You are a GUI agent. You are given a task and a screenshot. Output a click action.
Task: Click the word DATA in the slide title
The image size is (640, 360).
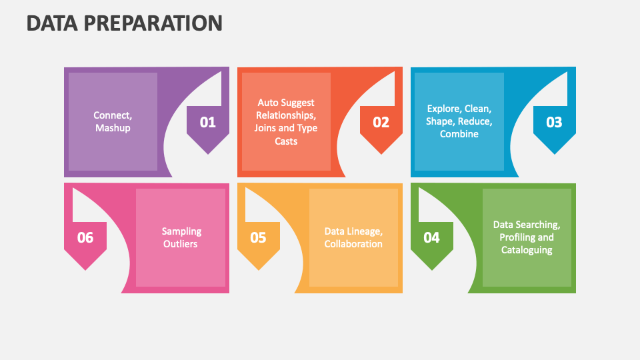click(x=52, y=23)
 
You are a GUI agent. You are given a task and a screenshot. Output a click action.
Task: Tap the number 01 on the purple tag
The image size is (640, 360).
click(x=208, y=122)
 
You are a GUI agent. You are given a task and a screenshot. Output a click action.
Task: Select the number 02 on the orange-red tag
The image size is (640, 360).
click(x=381, y=122)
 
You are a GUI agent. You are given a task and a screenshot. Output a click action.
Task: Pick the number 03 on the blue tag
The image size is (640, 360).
click(x=554, y=122)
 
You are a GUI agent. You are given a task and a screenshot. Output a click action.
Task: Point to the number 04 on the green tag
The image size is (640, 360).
click(x=431, y=237)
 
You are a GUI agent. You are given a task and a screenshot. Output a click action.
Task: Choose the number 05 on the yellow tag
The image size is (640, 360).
click(x=258, y=237)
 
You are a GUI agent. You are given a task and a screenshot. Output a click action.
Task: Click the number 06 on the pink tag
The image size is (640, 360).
click(x=85, y=237)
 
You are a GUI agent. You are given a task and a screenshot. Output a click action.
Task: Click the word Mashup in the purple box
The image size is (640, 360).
click(x=113, y=128)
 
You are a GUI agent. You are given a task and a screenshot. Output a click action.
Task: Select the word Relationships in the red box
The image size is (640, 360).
click(x=286, y=115)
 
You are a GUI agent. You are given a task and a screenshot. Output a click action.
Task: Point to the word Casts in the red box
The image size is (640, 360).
click(x=286, y=141)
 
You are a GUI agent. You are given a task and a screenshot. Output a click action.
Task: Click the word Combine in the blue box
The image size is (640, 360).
click(x=459, y=134)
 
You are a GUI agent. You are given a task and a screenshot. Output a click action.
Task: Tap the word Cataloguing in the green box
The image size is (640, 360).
click(x=527, y=250)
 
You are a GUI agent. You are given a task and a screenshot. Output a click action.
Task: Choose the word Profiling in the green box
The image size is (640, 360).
click(x=517, y=237)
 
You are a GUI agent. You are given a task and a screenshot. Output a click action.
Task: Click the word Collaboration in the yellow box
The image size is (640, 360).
click(x=353, y=244)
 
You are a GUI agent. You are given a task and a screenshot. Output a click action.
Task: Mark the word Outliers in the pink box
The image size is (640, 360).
click(x=181, y=244)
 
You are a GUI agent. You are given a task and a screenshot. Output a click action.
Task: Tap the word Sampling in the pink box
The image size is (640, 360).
click(x=181, y=231)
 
